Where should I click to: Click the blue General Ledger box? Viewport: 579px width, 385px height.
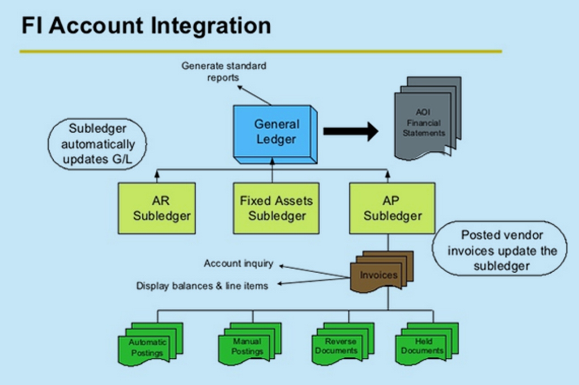[276, 132]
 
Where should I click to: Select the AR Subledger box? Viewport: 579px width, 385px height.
[156, 208]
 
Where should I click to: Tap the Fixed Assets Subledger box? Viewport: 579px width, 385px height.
[276, 208]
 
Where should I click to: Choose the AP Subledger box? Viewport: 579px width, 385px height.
[392, 208]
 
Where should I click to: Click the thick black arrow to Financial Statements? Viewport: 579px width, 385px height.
[350, 131]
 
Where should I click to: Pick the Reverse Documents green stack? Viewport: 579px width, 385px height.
[341, 345]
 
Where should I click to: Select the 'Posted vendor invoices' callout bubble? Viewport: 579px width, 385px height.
[499, 250]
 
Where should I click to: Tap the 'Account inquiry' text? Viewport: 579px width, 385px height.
[238, 263]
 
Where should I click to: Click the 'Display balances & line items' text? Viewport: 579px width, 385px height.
[202, 286]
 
